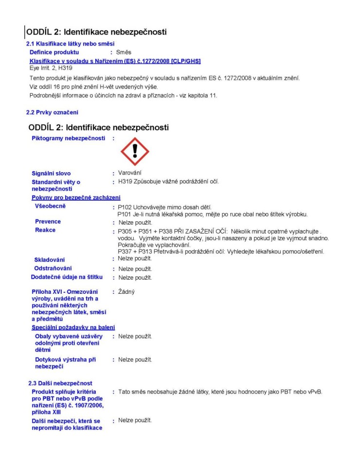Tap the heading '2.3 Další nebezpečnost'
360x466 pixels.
click(59, 383)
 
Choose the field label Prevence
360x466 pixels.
click(48, 222)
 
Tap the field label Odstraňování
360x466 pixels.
click(53, 269)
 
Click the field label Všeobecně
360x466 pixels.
click(51, 206)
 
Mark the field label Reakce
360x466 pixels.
click(45, 230)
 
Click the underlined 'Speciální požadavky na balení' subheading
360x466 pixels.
click(76, 327)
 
